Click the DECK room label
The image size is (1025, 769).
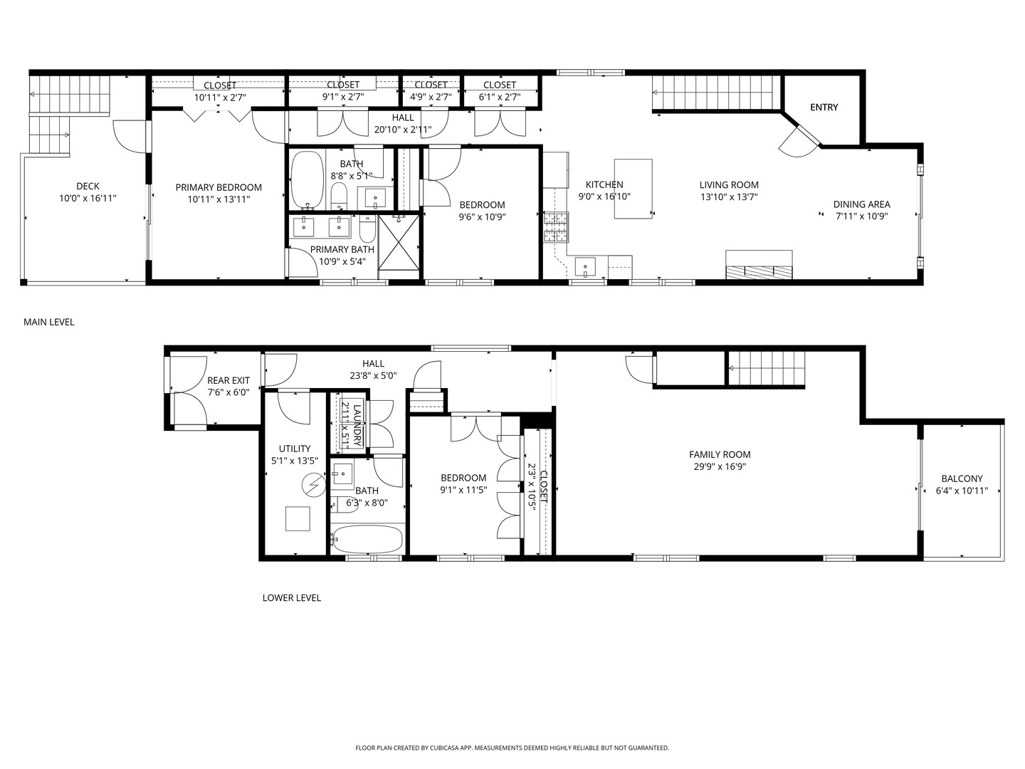pos(88,187)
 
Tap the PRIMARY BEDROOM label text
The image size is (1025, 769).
pos(219,187)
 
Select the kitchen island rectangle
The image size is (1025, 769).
pos(633,188)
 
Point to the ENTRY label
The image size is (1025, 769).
pos(824,108)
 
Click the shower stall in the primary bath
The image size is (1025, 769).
pos(399,242)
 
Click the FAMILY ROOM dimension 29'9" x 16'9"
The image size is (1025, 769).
pos(720,467)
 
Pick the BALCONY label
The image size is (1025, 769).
pos(962,479)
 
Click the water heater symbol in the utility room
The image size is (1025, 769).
pos(312,486)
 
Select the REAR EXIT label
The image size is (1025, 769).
pos(228,380)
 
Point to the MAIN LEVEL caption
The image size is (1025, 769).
pos(49,322)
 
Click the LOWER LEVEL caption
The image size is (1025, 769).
pos(291,597)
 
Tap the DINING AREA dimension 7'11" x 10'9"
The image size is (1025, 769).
pos(861,216)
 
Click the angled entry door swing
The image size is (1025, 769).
pos(797,142)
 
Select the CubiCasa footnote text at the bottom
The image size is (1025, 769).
pos(512,748)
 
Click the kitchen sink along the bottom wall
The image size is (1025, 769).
pos(585,267)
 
